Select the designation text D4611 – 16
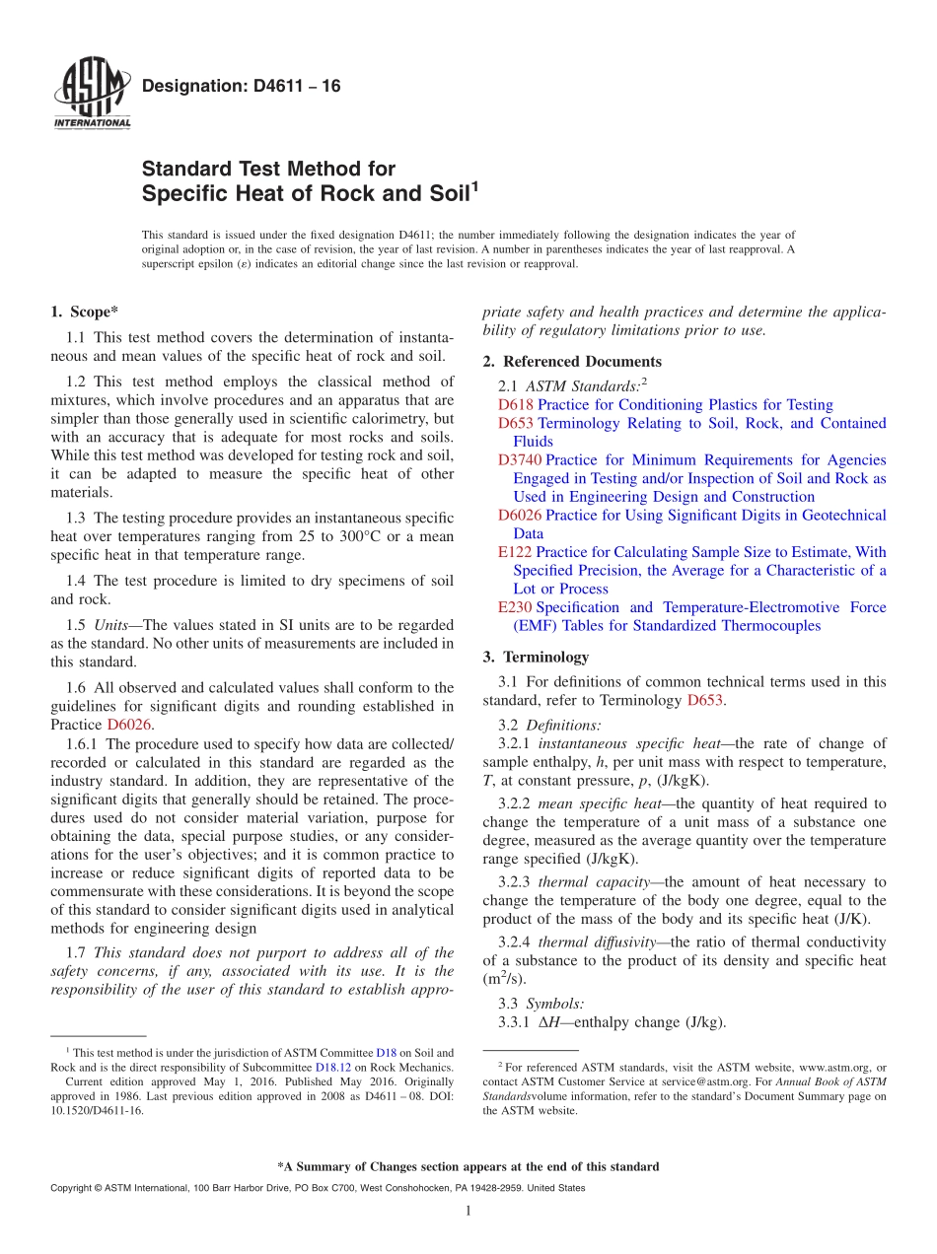[x=242, y=87]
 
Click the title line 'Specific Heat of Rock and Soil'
[x=309, y=193]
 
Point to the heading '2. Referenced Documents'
[x=572, y=362]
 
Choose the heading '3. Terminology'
[x=536, y=657]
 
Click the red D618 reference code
[x=516, y=405]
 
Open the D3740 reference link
[x=520, y=460]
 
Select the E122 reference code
[x=515, y=552]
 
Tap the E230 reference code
[x=515, y=607]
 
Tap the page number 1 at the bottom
[x=468, y=1212]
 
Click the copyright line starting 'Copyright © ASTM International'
[x=317, y=1189]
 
